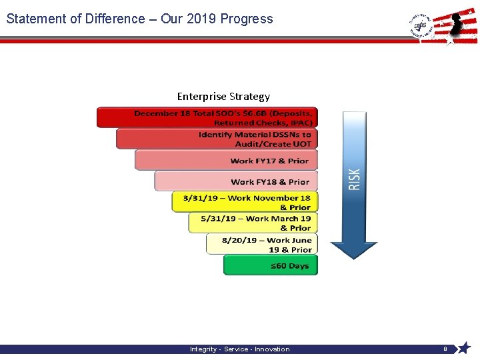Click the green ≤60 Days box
pos(271,265)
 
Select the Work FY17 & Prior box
pos(227,160)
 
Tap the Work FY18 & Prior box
pos(236,181)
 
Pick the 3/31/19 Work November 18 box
pos(245,202)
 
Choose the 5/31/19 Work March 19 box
pos(253,223)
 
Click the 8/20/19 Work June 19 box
pos(261,244)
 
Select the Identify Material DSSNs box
pos(217,139)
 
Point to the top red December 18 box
pos(207,117)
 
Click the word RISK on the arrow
pos(354,179)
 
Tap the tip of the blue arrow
pos(354,257)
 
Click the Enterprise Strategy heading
pos(223,97)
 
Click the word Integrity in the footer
pos(204,349)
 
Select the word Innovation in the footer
pos(273,349)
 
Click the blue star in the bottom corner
pos(464,348)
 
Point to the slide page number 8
pos(445,349)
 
